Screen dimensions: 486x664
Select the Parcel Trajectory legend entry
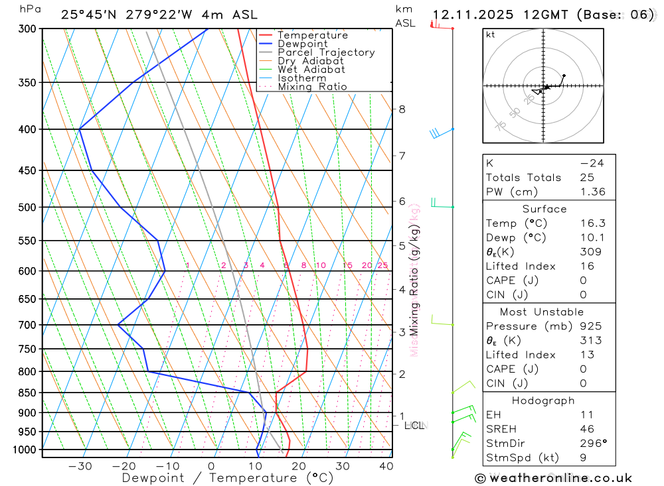coord(326,52)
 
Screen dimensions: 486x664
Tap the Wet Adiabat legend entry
coord(311,70)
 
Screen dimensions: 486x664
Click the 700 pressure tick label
coord(27,325)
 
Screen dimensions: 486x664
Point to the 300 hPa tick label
coord(27,29)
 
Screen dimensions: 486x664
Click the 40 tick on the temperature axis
coord(385,465)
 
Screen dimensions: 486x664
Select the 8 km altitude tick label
coord(402,109)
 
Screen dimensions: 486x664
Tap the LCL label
coord(415,425)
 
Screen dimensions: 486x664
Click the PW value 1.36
coord(592,192)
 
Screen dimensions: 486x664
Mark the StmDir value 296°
coord(592,444)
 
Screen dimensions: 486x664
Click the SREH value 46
coord(587,429)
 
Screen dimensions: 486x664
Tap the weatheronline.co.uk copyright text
coord(554,478)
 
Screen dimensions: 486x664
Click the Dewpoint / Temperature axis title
coord(228,478)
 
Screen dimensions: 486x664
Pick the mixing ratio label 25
coord(382,265)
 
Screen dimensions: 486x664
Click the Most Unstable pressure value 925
coord(591,326)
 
